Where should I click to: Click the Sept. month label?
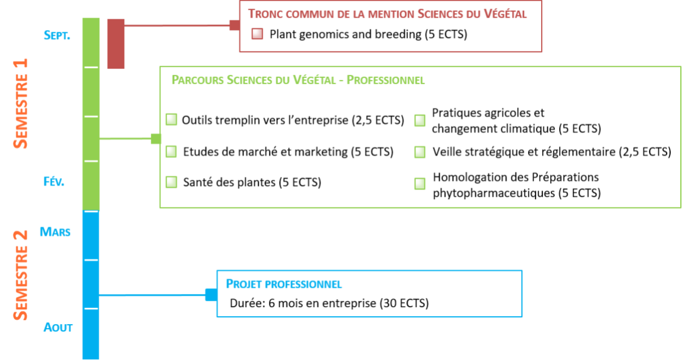(56, 35)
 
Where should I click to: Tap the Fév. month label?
(54, 181)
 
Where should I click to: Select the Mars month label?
(55, 231)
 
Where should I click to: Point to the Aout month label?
(58, 328)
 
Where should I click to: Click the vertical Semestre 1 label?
(20, 103)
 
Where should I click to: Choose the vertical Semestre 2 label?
(20, 275)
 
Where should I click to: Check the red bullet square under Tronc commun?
(257, 34)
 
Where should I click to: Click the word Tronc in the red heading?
(265, 13)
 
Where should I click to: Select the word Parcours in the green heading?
(197, 80)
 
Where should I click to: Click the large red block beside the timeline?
(116, 44)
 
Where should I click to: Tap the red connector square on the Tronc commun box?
(234, 25)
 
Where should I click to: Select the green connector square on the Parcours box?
(155, 138)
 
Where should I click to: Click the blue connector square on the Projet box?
(210, 295)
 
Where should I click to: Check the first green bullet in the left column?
(171, 119)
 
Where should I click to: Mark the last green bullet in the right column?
(419, 184)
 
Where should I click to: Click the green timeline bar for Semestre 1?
(91, 114)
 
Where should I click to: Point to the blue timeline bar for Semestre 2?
(91, 284)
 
